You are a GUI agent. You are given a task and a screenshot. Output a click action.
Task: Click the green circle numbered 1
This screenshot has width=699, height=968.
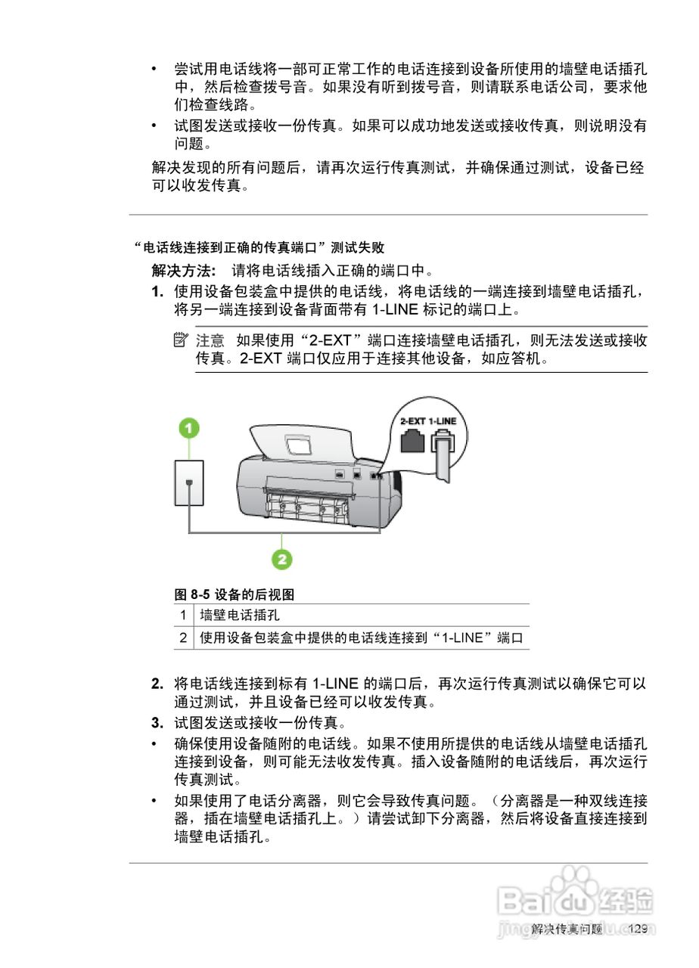(188, 429)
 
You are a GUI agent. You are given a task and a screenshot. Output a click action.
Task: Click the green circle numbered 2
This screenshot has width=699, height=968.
(281, 559)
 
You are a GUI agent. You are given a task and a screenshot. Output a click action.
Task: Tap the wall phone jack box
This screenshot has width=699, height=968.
(189, 482)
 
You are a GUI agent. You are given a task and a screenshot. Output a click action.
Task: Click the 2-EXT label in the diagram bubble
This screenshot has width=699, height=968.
(412, 420)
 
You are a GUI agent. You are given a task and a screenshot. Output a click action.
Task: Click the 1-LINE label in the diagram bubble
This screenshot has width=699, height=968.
(443, 420)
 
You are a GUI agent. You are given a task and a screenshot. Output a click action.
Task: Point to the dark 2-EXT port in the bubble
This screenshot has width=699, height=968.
(412, 441)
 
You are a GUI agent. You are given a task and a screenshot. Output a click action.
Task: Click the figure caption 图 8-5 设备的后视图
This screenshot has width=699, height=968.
(235, 594)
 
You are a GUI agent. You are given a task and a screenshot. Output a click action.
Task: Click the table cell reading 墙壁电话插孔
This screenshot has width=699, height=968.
(239, 616)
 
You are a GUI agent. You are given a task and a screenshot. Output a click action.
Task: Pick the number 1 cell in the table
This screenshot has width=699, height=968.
(183, 616)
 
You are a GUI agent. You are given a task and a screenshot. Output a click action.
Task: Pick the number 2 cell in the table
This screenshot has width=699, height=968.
(183, 638)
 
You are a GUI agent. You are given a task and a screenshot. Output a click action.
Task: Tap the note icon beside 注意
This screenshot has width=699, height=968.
(179, 340)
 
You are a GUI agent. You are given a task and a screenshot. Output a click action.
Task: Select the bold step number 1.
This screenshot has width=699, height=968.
(157, 292)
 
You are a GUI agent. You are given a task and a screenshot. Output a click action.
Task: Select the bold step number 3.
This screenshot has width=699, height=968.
(157, 723)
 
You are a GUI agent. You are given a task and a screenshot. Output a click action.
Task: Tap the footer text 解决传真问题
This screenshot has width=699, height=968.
(567, 929)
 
